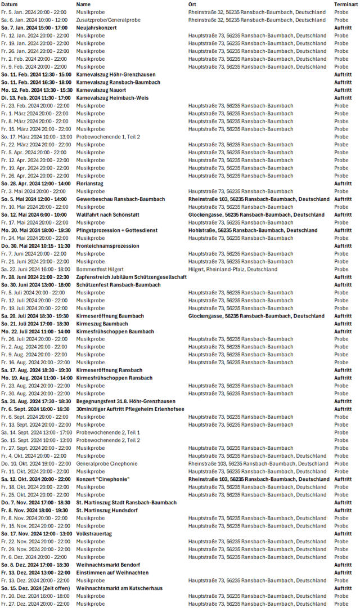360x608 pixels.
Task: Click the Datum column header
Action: point(10,4)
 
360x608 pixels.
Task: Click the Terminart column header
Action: point(346,4)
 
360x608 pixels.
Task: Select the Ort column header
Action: point(192,4)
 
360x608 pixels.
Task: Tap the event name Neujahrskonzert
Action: point(96,28)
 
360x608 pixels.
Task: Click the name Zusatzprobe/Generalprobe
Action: point(107,20)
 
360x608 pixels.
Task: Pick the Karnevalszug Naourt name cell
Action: point(101,90)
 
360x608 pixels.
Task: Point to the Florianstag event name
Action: point(90,184)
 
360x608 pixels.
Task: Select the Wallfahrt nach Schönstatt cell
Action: point(108,214)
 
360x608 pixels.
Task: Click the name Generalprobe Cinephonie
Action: point(106,464)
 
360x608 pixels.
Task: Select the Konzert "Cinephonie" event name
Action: point(103,479)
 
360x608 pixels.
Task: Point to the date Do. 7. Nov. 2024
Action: point(35,503)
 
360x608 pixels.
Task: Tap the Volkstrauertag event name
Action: point(94,534)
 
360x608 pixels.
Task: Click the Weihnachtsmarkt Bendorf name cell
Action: point(108,565)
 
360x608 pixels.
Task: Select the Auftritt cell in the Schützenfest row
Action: point(343,285)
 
